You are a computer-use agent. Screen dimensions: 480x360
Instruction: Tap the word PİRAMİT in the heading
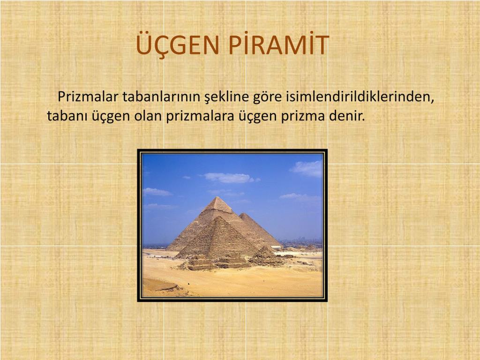[278, 45]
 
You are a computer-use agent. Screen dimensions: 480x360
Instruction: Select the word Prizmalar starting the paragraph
[88, 97]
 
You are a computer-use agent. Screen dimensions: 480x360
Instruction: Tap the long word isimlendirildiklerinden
[358, 97]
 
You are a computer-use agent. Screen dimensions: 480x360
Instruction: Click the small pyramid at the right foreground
[265, 255]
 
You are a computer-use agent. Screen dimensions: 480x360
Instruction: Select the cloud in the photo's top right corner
[307, 168]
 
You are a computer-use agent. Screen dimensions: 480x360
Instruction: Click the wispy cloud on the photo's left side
[157, 192]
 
